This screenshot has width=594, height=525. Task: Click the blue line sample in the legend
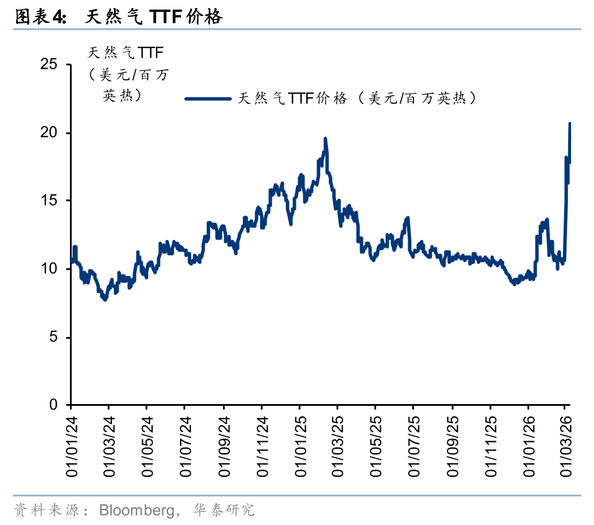tap(207, 99)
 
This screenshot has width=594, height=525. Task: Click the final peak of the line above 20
tap(570, 123)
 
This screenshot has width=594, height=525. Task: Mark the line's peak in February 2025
tap(325, 139)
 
